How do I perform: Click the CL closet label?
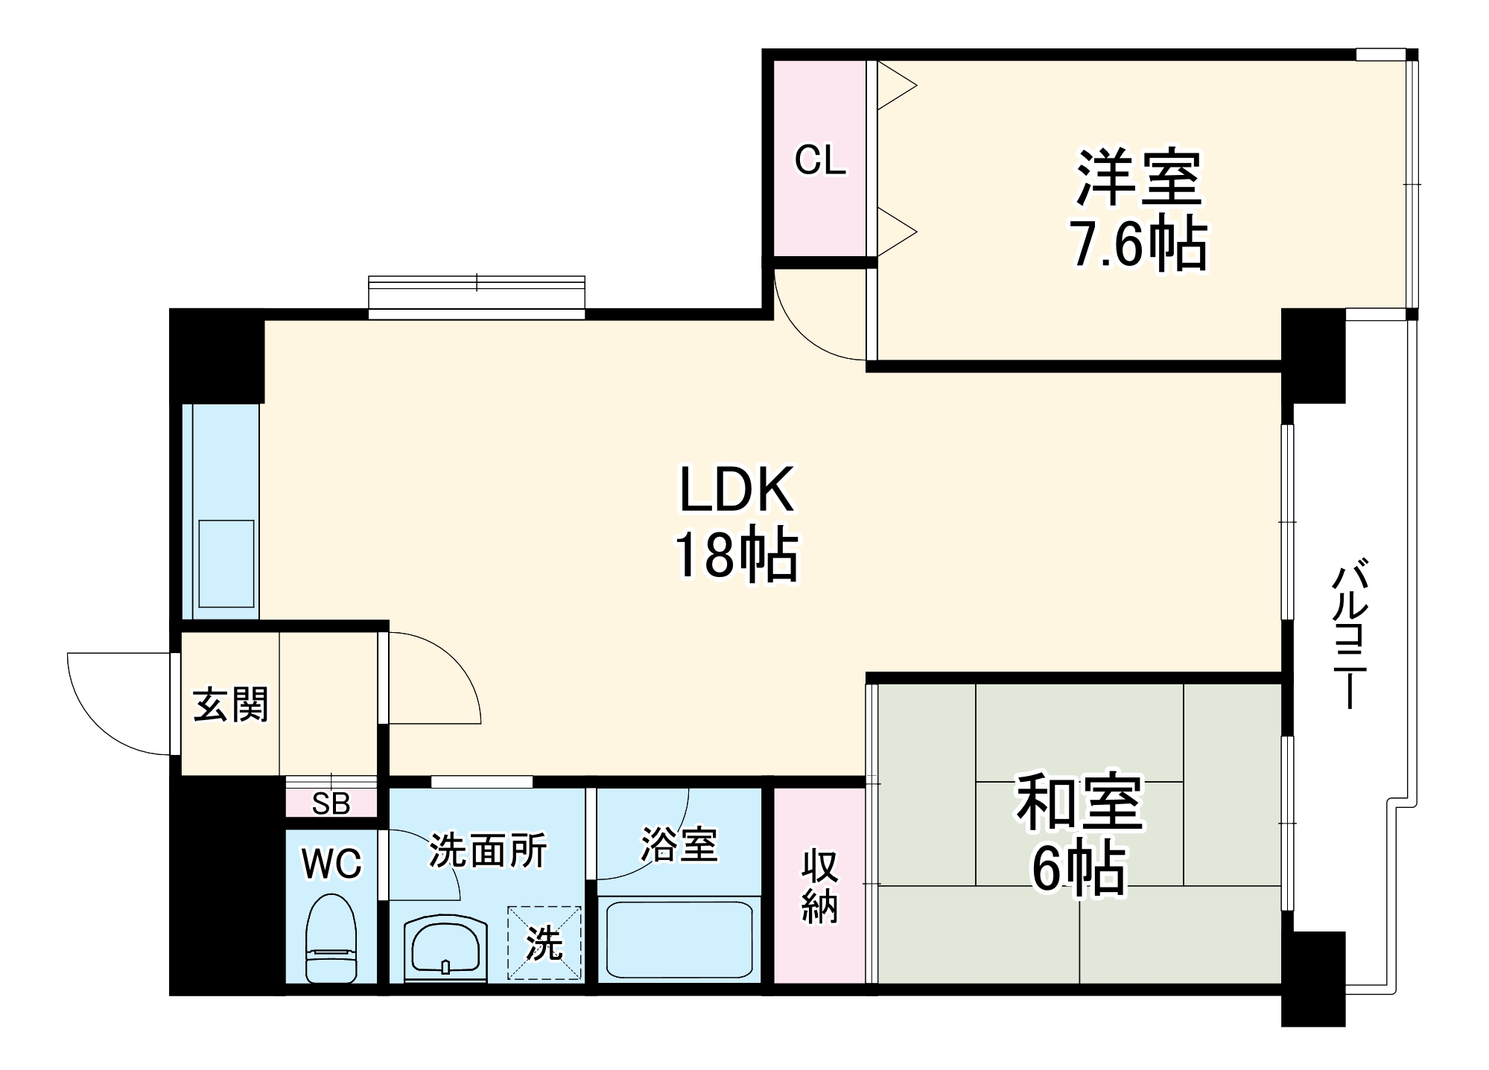[820, 159]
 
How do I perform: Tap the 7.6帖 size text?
[1138, 242]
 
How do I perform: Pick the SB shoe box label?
[331, 803]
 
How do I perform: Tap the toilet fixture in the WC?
[331, 938]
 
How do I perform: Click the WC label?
[331, 864]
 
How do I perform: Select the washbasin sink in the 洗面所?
[445, 947]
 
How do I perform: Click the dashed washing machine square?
[545, 943]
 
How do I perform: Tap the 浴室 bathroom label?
[679, 844]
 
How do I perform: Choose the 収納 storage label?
[819, 886]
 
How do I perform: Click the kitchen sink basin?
[226, 564]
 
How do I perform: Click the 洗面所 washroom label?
[488, 850]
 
